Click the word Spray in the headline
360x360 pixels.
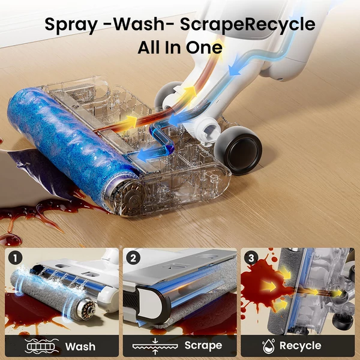coord(71,25)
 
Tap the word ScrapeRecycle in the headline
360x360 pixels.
coord(247,25)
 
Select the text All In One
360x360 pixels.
coord(180,47)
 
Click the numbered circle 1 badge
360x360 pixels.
coord(15,258)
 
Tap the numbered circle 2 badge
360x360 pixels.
coord(133,258)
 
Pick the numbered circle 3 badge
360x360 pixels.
coord(251,258)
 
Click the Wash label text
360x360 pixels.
coord(80,346)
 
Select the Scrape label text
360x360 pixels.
coord(203,346)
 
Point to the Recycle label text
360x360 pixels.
coord(301,346)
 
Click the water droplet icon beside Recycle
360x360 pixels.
coord(269,346)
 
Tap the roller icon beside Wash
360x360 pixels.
coord(41,346)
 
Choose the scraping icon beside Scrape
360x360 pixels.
coord(155,346)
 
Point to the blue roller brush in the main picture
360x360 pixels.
coord(73,147)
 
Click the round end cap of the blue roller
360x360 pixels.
coord(127,198)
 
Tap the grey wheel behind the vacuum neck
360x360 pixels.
coord(167,95)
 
